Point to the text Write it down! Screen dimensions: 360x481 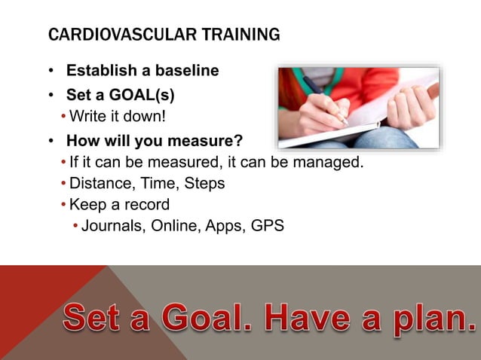tap(116, 117)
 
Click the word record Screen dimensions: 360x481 tap(146, 204)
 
